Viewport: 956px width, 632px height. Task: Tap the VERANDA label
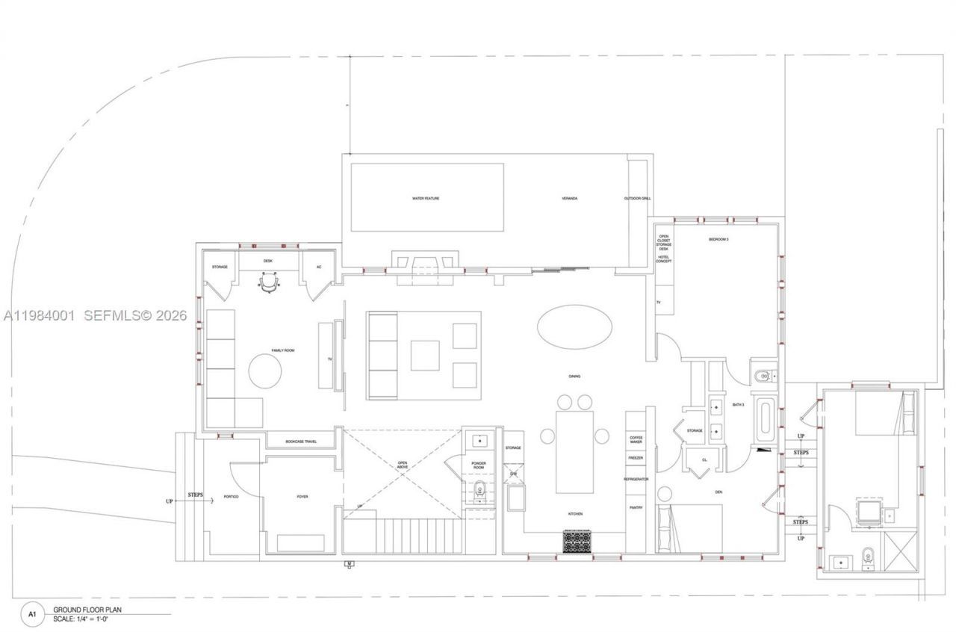(570, 199)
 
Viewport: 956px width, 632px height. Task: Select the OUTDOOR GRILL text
(638, 199)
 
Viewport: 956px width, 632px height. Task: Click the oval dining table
(574, 326)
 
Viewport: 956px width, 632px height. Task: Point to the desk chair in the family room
(269, 283)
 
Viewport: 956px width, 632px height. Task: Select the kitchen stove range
(577, 541)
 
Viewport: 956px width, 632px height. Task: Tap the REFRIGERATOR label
(636, 479)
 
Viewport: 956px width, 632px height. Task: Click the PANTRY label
(636, 507)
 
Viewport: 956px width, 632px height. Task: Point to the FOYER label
(302, 497)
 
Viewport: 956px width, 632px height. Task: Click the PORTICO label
(230, 497)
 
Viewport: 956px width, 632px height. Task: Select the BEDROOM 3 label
(718, 240)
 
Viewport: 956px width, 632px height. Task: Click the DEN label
(718, 492)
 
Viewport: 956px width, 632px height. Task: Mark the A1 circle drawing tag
(32, 613)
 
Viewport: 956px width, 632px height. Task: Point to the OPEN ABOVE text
(403, 467)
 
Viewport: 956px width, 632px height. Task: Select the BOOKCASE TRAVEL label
(301, 442)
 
